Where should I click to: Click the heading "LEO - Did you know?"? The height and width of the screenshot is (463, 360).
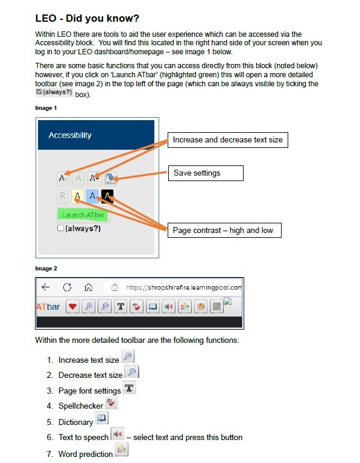[87, 18]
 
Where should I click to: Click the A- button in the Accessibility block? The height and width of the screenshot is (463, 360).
[63, 178]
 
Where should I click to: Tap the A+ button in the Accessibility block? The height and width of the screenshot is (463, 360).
[94, 178]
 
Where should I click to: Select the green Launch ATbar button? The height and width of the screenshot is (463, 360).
[83, 215]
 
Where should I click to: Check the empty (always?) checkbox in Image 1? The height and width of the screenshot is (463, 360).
[60, 228]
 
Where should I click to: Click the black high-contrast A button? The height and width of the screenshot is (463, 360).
[107, 196]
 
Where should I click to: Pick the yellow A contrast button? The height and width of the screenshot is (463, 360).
[77, 196]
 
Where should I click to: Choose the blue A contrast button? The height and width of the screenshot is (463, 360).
[92, 196]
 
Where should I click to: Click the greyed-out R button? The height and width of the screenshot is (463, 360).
[62, 196]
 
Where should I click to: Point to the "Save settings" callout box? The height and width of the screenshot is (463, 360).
[206, 173]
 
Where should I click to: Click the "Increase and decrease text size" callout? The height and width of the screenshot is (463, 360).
[228, 140]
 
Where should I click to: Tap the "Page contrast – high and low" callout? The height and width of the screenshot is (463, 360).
[224, 231]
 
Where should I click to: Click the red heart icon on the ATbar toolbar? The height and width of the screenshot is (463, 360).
[72, 307]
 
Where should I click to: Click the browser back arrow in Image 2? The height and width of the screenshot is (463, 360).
[46, 287]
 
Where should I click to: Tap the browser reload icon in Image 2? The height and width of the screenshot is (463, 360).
[68, 287]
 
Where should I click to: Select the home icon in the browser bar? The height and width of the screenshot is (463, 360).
[89, 287]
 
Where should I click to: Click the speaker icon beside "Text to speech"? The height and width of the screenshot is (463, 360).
[117, 434]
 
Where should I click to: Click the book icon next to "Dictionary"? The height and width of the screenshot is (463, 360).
[102, 418]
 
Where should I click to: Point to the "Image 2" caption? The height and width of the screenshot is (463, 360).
[46, 269]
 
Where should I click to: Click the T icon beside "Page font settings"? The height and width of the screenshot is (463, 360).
[129, 388]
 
